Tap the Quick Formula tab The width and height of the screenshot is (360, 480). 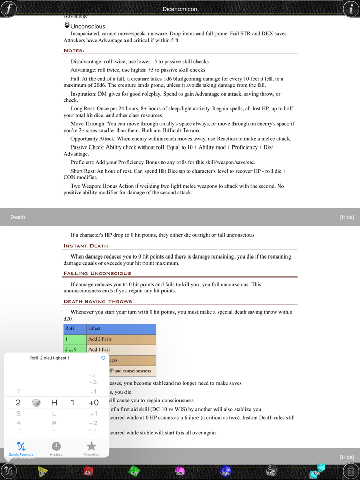pos(21,448)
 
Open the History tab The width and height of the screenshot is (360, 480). pos(56,448)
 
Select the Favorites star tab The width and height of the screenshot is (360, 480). pos(91,448)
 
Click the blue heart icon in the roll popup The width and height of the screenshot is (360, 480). pos(103,358)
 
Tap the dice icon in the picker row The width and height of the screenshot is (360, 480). pos(37,403)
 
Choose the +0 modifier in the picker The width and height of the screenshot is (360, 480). pos(93,403)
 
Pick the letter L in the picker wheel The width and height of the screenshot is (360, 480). pos(54,414)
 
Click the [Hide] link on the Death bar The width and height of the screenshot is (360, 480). pos(347,217)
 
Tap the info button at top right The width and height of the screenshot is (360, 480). pos(351,9)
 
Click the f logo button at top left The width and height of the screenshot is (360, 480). pos(9,9)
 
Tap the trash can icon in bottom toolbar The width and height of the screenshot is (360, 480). pos(350,470)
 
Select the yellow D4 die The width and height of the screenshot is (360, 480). pos(43,471)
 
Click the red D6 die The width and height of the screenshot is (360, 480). pos(88,471)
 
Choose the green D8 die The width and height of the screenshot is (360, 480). pos(134,471)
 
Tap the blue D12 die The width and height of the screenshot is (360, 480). pos(225,471)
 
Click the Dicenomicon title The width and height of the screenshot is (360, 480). pos(179,9)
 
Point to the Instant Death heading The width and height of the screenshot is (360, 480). pos(86,246)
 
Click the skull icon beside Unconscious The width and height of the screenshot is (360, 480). pos(67,25)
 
